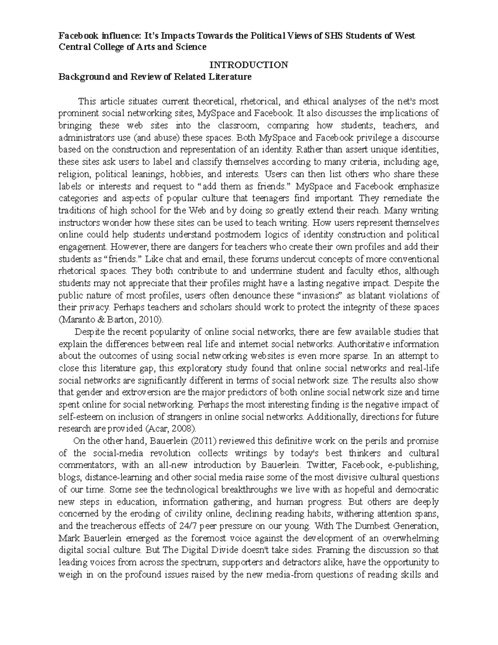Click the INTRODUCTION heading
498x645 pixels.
pyautogui.click(x=249, y=65)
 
